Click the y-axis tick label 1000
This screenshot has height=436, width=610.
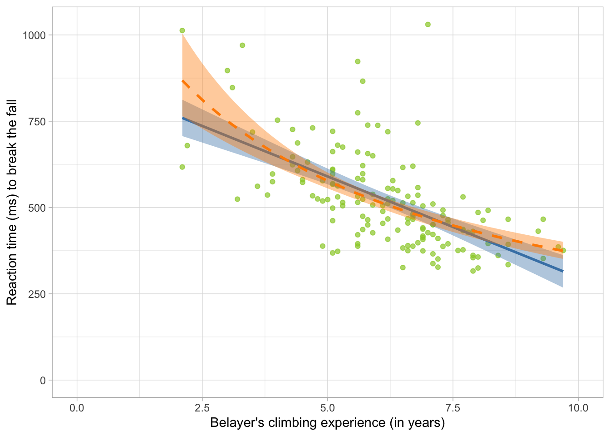[x=35, y=35]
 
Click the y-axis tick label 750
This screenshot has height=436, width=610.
[x=38, y=122]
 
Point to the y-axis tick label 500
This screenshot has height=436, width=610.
[x=38, y=208]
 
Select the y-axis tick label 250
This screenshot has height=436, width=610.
[x=38, y=294]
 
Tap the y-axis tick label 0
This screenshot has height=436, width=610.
[x=43, y=381]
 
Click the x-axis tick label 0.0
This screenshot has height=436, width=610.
[x=77, y=408]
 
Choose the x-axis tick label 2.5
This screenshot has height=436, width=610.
[x=202, y=408]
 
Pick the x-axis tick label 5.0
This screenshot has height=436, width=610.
[x=327, y=408]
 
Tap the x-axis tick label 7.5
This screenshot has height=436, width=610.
[x=453, y=408]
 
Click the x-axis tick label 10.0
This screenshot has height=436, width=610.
[x=578, y=408]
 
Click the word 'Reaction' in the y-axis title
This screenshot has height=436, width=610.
[x=12, y=277]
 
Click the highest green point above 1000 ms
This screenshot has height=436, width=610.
[x=428, y=25]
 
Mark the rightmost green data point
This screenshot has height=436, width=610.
[x=563, y=250]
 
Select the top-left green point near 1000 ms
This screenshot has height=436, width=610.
[x=182, y=30]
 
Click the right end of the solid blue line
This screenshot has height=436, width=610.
[x=563, y=272]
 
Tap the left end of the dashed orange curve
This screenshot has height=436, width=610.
[x=182, y=80]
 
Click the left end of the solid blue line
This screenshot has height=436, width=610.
[x=182, y=118]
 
